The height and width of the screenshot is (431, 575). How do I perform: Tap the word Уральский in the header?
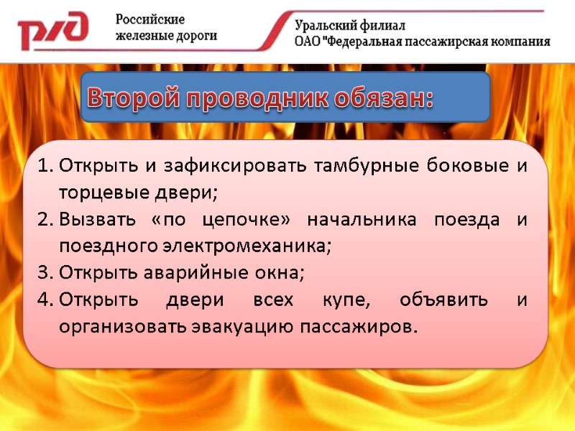[326, 25]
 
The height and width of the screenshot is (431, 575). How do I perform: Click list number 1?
[44, 167]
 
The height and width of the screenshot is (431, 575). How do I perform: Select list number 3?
[44, 273]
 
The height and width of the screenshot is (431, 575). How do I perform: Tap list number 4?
[44, 300]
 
